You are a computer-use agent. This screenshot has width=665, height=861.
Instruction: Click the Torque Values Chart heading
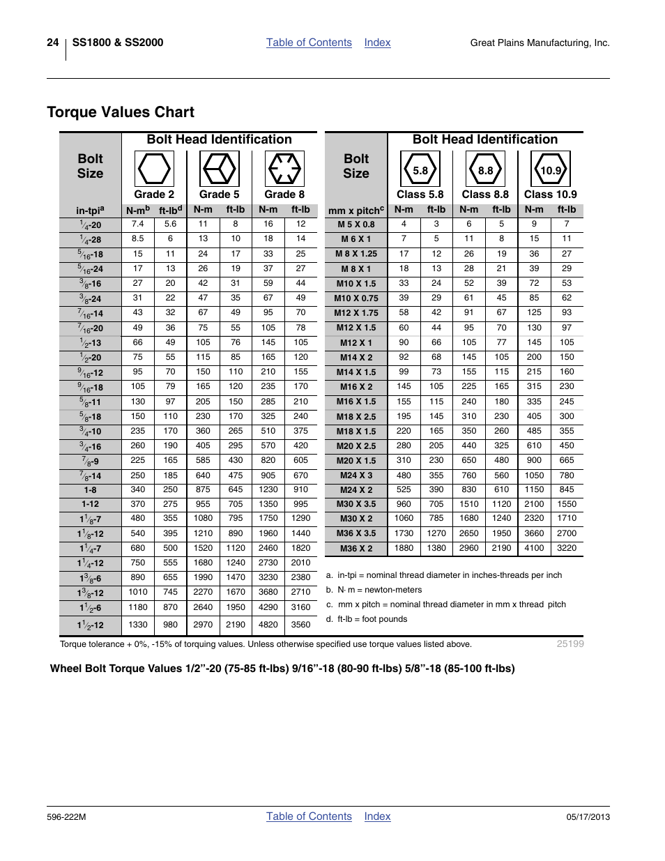(121, 112)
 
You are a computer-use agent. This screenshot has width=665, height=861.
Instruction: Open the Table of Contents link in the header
(309, 43)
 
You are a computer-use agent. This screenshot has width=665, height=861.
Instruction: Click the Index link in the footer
(377, 816)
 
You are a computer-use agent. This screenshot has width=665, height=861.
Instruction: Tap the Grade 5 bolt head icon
(220, 169)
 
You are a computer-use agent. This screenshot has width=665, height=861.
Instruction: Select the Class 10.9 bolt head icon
(551, 169)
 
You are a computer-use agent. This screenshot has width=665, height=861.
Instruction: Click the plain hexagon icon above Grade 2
(154, 169)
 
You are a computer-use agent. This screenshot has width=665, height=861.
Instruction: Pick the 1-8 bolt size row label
(91, 490)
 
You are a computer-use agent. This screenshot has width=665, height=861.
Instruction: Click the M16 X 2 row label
(356, 387)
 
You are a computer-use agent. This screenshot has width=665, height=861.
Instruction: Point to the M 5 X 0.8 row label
(356, 224)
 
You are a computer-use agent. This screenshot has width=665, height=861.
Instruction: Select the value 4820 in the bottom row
(268, 625)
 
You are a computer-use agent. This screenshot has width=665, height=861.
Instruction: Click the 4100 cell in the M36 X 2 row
(534, 548)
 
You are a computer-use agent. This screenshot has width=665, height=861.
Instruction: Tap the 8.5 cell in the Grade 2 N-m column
(138, 238)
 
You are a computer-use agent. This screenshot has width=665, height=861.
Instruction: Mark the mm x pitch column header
(356, 210)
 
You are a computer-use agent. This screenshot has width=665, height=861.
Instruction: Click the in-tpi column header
(91, 210)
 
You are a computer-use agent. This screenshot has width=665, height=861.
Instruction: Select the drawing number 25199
(570, 643)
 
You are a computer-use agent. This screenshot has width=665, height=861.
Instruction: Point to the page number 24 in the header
(53, 43)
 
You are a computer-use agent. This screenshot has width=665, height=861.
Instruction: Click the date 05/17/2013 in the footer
(588, 817)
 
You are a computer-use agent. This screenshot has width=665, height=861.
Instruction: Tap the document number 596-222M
(66, 817)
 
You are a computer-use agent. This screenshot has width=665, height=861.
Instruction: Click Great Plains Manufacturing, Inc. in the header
(540, 43)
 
